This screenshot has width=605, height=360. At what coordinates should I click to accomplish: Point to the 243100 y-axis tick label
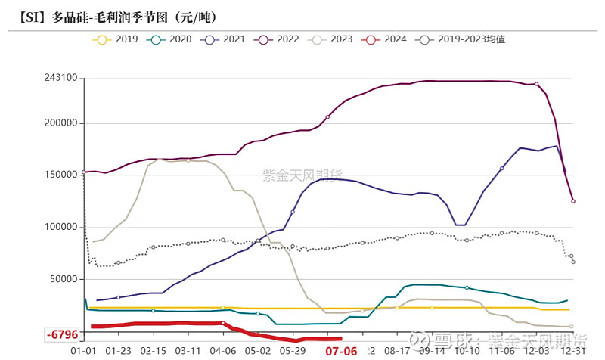(x=60, y=78)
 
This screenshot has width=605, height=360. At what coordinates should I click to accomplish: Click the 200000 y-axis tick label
(x=60, y=123)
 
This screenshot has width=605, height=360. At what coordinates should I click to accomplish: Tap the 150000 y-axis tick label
(x=60, y=175)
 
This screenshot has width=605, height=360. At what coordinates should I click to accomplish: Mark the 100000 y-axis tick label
(x=60, y=227)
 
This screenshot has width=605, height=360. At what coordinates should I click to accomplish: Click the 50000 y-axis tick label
(x=64, y=279)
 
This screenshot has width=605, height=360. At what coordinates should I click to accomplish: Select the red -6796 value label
(x=62, y=334)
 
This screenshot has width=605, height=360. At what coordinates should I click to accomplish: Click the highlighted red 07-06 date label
(x=340, y=352)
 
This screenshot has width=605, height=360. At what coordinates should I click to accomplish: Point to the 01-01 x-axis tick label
(x=82, y=352)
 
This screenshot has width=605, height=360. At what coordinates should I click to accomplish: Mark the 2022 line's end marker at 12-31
(x=572, y=201)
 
